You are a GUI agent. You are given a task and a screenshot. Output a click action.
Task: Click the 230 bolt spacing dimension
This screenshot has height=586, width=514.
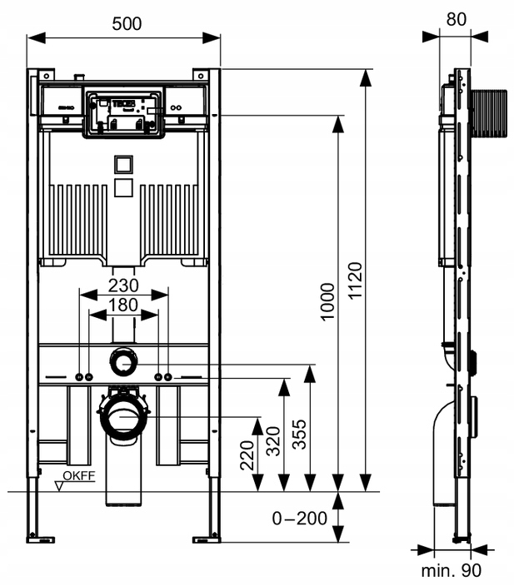click(123, 283)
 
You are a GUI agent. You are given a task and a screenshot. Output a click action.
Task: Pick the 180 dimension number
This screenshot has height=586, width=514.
click(123, 305)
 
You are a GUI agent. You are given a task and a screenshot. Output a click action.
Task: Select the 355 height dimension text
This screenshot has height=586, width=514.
click(300, 434)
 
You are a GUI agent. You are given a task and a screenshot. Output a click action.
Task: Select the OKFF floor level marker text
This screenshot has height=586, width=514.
click(79, 476)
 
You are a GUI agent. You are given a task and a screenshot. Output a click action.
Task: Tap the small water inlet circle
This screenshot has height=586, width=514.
click(123, 363)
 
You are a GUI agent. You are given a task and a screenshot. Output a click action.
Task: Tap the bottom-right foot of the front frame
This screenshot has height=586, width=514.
click(207, 536)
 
